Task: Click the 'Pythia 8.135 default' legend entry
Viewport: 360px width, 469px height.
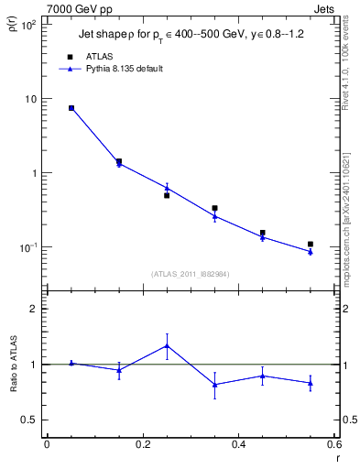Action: (x=122, y=69)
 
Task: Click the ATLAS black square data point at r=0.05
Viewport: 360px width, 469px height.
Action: (x=71, y=108)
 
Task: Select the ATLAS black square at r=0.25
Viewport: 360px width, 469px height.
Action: (x=167, y=195)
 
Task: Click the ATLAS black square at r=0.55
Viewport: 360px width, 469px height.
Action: (x=311, y=245)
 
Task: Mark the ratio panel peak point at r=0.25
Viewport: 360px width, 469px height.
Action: (x=167, y=345)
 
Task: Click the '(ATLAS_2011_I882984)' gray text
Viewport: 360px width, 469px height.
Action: (x=191, y=273)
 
